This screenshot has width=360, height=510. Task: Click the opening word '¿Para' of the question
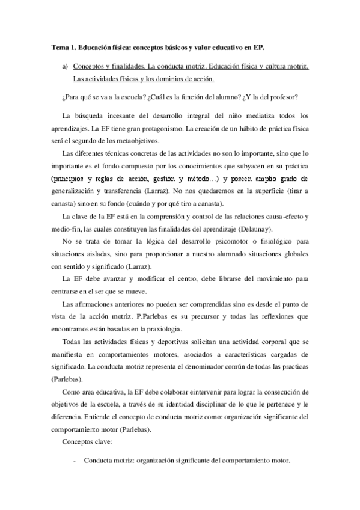70,98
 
